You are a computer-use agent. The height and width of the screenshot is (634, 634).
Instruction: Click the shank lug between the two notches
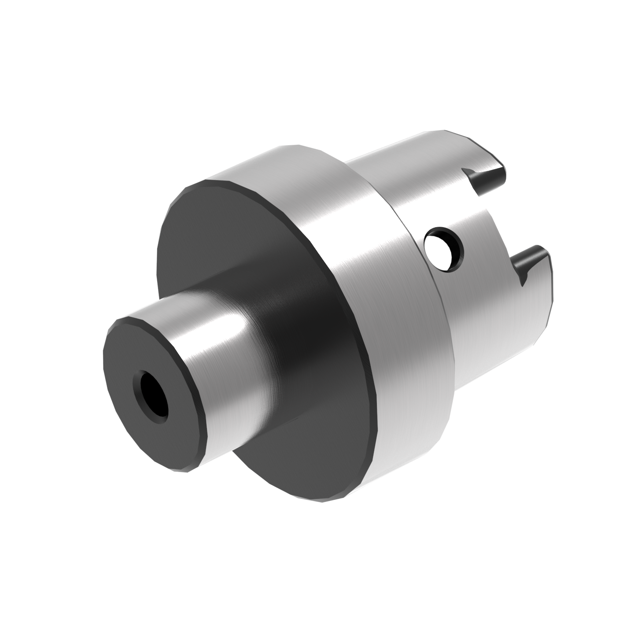click(493, 220)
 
